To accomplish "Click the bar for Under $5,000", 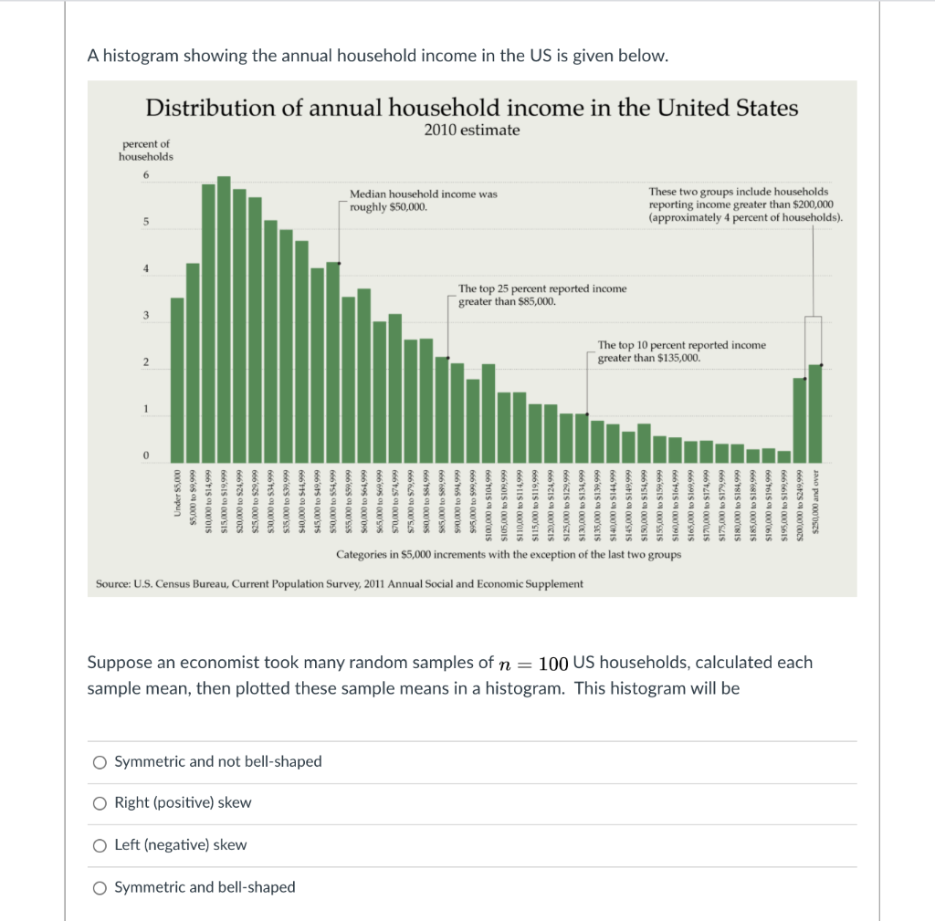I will point(177,379).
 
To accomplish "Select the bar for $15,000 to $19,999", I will point(224,319).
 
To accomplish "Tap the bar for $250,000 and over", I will point(815,413).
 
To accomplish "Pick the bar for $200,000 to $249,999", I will point(800,419).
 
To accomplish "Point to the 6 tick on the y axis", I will point(144,175).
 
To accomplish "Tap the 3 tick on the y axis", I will point(144,316).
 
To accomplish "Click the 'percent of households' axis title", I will point(145,150).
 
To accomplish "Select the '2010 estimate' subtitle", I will point(472,131).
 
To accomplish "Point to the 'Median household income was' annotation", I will point(424,194).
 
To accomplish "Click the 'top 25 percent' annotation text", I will point(542,294).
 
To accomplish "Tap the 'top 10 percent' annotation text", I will point(681,351).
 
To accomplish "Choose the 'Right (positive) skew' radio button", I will point(99,803).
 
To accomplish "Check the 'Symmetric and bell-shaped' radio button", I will point(99,887).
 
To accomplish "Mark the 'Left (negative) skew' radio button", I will point(99,845).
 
